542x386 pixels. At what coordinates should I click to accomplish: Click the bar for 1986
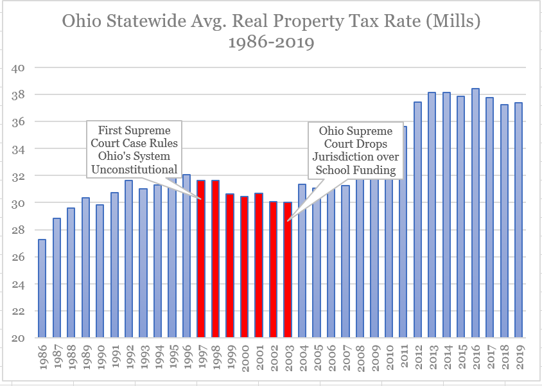point(42,289)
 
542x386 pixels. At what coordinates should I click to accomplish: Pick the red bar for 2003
point(288,270)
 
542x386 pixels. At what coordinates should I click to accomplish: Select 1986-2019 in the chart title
point(270,44)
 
